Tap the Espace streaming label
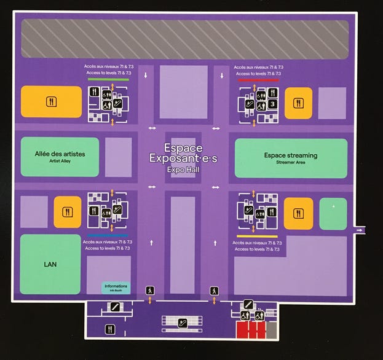pyautogui.click(x=290, y=155)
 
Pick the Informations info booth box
pyautogui.click(x=116, y=288)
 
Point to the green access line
pyautogui.click(x=108, y=79)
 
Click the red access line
pyautogui.click(x=258, y=79)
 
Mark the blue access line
pyautogui.click(x=108, y=235)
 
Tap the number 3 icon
pyautogui.click(x=272, y=104)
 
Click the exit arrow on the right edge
pyautogui.click(x=359, y=230)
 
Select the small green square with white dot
pyautogui.click(x=333, y=213)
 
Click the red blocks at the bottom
pyautogui.click(x=251, y=330)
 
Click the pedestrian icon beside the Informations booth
pyautogui.click(x=149, y=290)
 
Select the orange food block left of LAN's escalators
pyautogui.click(x=67, y=212)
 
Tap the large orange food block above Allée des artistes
pyautogui.click(x=51, y=101)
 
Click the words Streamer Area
pyautogui.click(x=290, y=163)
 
